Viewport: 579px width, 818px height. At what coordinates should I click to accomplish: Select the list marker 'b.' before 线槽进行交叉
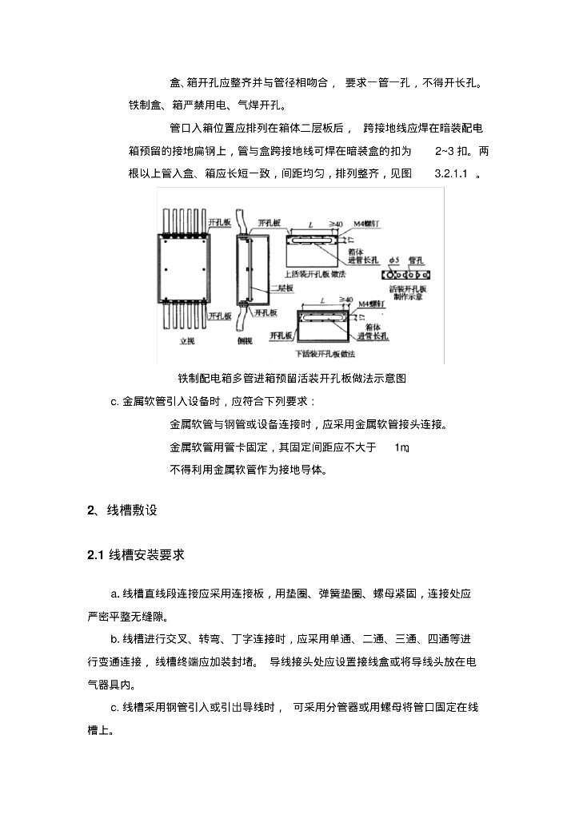115,639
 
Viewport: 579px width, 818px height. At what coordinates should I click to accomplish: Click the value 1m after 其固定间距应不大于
402,447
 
